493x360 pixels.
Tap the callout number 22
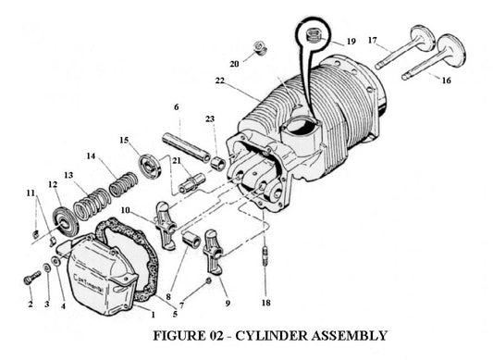218,82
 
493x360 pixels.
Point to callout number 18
266,303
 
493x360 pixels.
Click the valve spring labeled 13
86,202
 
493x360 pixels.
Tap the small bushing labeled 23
218,163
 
